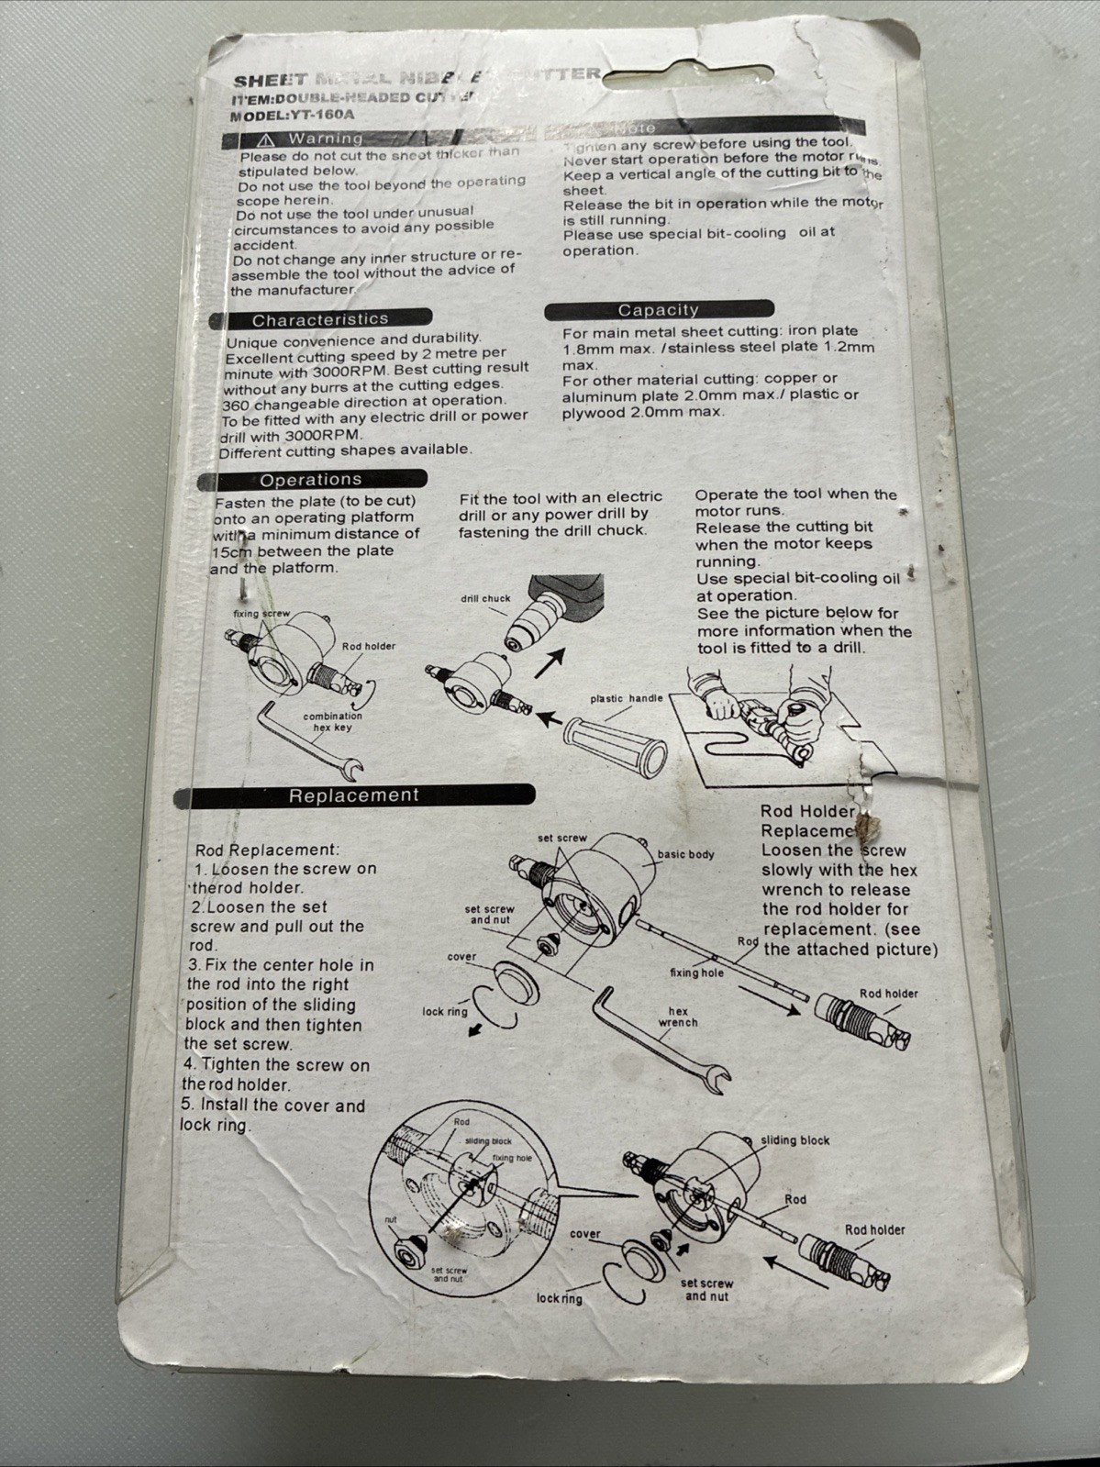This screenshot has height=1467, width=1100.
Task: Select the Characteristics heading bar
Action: coord(320,319)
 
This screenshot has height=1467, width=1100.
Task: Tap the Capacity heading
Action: coord(658,310)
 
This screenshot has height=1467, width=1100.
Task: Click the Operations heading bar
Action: coord(310,479)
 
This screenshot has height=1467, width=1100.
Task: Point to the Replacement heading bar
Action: coord(353,795)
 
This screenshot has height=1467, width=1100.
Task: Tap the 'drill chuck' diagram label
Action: coord(485,598)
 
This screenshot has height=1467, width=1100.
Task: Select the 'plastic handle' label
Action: coord(626,698)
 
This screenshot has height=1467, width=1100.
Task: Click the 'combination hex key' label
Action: coord(332,722)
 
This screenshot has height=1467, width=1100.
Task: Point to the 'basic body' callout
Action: coord(685,854)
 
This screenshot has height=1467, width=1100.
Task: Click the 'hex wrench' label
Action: coord(678,1017)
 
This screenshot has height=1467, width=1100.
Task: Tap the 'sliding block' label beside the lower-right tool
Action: coord(794,1140)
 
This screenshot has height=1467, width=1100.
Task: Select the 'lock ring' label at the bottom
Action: coord(559,1298)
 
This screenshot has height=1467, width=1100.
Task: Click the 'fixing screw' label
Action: coord(261,614)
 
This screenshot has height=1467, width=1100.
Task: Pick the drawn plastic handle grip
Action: coord(616,743)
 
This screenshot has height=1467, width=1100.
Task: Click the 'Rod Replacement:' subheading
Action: coord(267,850)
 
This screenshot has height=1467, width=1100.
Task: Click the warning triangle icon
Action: coord(266,139)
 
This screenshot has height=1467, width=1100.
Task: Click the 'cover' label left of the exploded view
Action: coord(461,957)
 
